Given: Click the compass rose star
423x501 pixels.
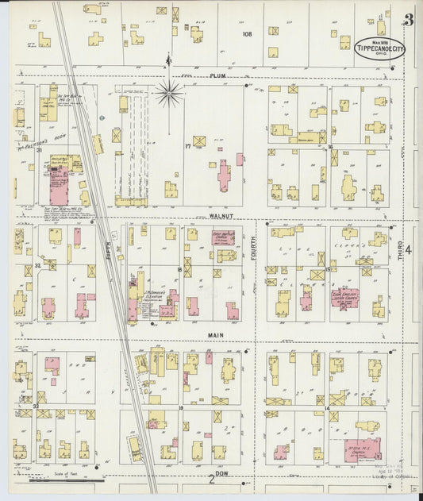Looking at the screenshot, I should click(x=168, y=93).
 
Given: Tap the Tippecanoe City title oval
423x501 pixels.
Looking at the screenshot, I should click(x=379, y=47).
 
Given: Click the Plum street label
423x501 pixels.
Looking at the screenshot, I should click(x=218, y=76).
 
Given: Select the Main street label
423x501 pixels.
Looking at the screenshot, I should click(x=216, y=335).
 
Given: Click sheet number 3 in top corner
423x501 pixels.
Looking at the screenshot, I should click(x=408, y=19).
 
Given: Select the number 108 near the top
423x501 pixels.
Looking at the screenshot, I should click(x=247, y=33).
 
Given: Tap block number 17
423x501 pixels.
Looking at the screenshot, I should click(x=188, y=146).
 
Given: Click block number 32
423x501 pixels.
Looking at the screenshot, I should click(x=37, y=265).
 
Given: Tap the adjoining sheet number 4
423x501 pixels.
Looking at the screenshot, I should click(x=408, y=250).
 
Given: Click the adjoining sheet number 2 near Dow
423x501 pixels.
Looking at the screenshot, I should click(x=211, y=478).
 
